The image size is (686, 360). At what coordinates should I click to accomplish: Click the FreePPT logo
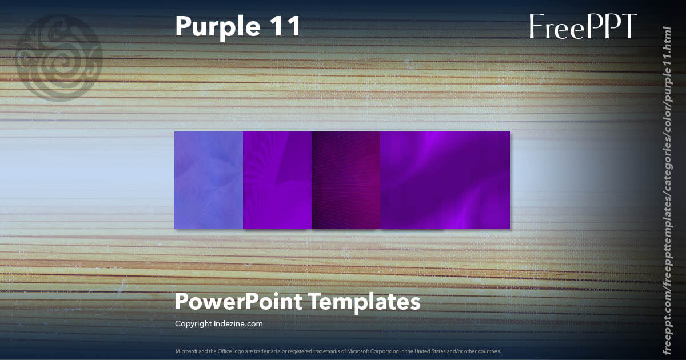coord(583,26)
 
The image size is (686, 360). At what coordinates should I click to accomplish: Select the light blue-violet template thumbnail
coord(209,180)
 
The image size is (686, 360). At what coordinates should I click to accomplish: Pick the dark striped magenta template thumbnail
coord(346,180)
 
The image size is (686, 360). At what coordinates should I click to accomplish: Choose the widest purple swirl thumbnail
coord(445,180)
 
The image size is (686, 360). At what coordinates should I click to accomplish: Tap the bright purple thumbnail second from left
coord(277,180)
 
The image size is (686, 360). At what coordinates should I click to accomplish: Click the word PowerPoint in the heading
coord(239,302)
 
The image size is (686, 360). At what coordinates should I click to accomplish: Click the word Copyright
coord(192,324)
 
